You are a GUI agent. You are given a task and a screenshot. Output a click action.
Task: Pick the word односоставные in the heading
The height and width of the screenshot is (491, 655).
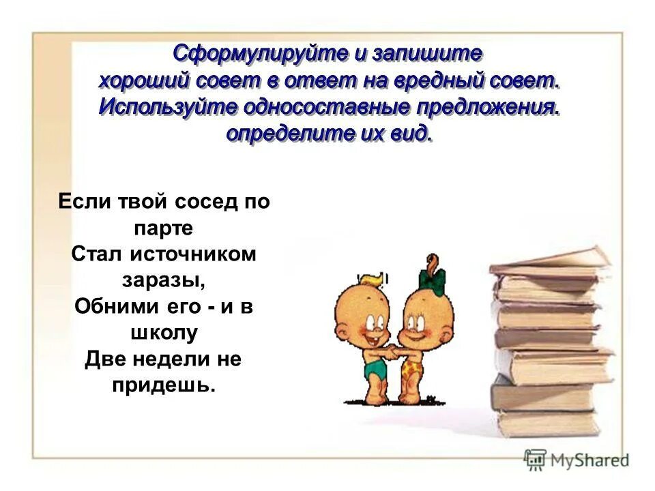point(319,107)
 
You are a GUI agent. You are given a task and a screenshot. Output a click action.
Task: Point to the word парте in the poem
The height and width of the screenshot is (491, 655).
point(164,228)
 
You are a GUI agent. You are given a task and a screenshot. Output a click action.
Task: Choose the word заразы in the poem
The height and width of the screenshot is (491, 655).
point(163,280)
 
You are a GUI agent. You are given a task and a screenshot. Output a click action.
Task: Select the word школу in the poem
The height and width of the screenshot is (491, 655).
point(164,332)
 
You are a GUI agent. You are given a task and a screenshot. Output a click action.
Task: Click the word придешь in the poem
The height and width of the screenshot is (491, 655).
point(162,385)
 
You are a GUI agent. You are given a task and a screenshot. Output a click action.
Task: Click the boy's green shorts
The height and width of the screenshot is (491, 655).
point(375,368)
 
